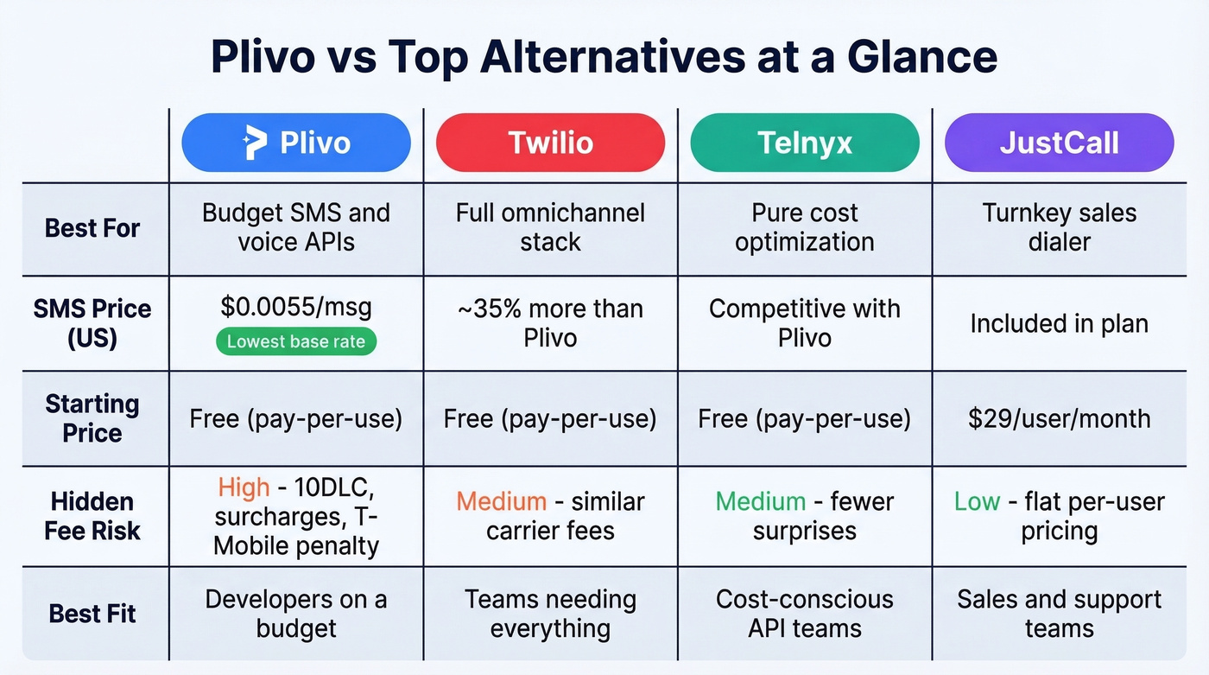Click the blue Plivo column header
(296, 143)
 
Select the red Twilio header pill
(550, 143)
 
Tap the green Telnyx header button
(805, 143)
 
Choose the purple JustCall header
(1059, 143)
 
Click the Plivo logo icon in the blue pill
(256, 143)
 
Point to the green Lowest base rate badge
(296, 342)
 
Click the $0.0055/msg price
(296, 309)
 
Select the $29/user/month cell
(1059, 419)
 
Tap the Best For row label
(92, 229)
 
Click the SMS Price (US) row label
(92, 323)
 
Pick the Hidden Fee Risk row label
(92, 516)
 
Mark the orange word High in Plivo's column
(244, 488)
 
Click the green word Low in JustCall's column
(977, 501)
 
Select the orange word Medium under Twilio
(501, 501)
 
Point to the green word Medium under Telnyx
(761, 501)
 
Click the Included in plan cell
(1059, 323)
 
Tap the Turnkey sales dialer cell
(1059, 227)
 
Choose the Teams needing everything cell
(550, 614)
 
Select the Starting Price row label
(92, 418)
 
